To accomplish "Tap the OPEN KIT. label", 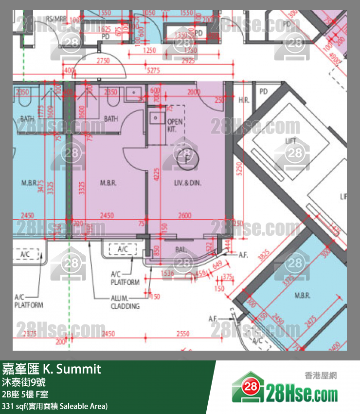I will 175,126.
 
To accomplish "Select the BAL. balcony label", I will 181,249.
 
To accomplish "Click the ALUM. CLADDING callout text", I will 126,302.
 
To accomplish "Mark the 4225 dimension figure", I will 156,174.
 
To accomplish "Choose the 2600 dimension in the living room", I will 185,215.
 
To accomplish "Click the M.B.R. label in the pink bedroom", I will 108,183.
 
